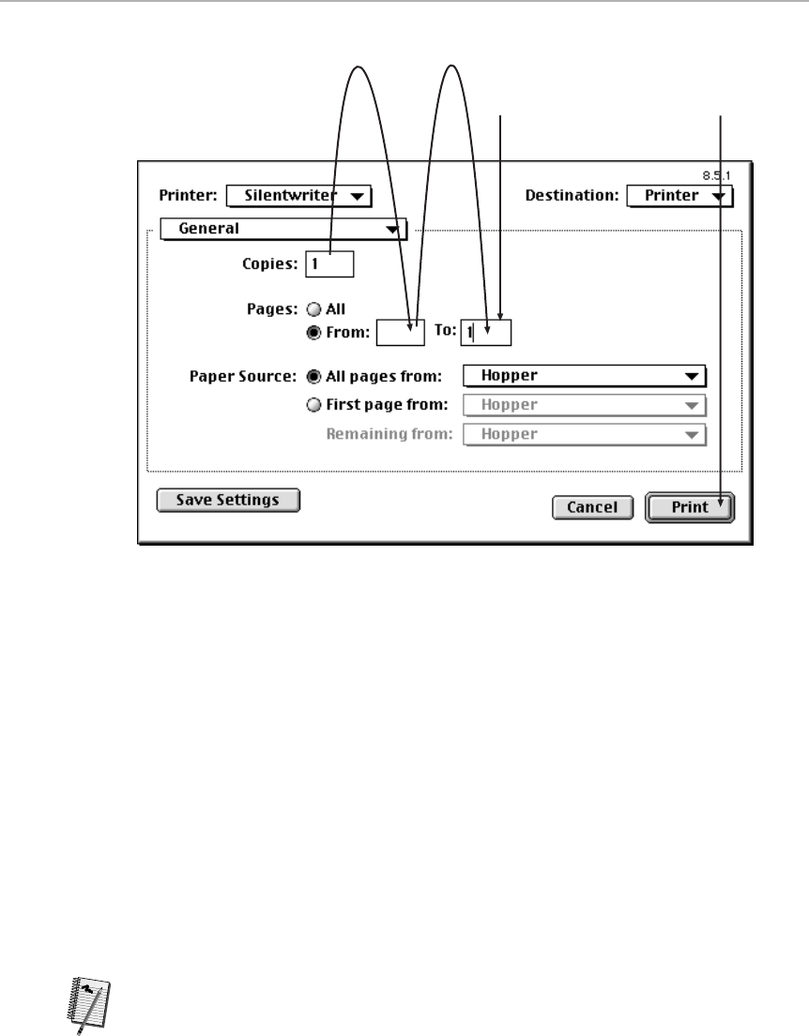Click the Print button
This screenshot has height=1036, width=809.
[x=690, y=507]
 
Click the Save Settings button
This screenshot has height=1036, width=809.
[x=228, y=500]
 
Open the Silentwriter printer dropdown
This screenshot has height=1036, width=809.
[x=299, y=196]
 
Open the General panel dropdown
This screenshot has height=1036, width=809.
[x=282, y=229]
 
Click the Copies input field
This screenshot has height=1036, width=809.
[x=329, y=264]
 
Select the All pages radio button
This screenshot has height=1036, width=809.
[x=313, y=308]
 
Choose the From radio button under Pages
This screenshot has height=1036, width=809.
[x=313, y=331]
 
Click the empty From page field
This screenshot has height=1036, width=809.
[x=400, y=332]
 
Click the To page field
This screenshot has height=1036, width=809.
[x=485, y=332]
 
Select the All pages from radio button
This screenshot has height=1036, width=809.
[x=313, y=376]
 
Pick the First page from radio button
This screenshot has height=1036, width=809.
[x=313, y=405]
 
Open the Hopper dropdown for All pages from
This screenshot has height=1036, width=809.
[x=585, y=376]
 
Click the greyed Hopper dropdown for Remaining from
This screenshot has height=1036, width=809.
[x=585, y=434]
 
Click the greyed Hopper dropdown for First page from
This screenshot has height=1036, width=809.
[x=585, y=405]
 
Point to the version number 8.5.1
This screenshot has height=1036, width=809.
[x=717, y=174]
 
